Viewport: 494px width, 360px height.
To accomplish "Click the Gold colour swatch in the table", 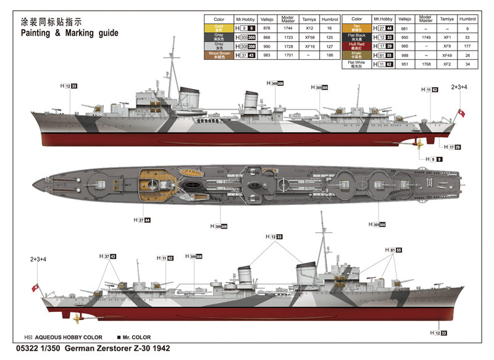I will tap(219, 28).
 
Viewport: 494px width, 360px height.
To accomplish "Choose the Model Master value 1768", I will tap(425, 63).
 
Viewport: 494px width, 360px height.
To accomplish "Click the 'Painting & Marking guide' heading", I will tap(69, 32).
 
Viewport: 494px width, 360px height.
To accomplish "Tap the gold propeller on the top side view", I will tap(419, 144).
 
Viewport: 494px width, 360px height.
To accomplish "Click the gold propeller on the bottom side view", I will tap(77, 317).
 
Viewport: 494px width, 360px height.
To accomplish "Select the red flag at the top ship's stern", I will tap(459, 114).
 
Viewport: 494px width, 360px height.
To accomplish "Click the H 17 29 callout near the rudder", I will tap(453, 147).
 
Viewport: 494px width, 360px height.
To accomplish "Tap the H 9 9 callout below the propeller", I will tap(433, 159).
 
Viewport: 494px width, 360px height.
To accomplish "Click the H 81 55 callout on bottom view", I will tap(393, 250).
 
